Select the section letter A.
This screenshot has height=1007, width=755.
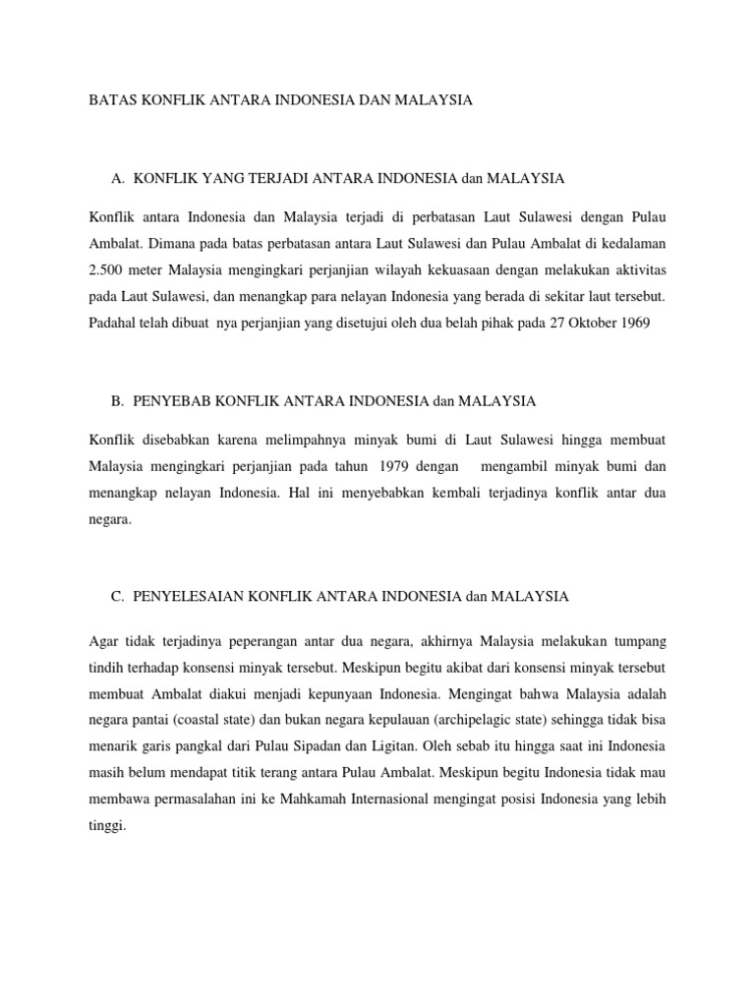(119, 179)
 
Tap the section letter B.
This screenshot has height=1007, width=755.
(118, 401)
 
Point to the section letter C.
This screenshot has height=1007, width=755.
(118, 596)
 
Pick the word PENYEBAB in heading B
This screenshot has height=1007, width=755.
(174, 401)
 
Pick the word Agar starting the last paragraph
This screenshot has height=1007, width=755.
(104, 641)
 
